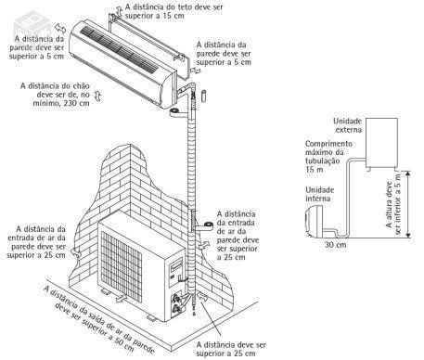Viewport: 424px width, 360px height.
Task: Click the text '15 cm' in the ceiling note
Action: pyautogui.click(x=173, y=16)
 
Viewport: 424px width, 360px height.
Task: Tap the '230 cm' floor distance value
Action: pyautogui.click(x=76, y=103)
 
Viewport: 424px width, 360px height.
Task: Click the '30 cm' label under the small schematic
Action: pyautogui.click(x=336, y=245)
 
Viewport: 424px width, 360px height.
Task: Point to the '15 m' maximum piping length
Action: pyautogui.click(x=315, y=170)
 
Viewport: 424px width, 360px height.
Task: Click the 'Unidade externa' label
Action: pyautogui.click(x=348, y=125)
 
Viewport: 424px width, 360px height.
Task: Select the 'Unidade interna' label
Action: pyautogui.click(x=320, y=194)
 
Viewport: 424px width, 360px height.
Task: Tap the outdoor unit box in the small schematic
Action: pyautogui.click(x=381, y=142)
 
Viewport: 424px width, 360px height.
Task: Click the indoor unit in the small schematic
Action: pyautogui.click(x=314, y=222)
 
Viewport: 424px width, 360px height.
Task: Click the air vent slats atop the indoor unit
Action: pyautogui.click(x=120, y=49)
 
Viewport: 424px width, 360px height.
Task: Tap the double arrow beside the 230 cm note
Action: pyautogui.click(x=98, y=96)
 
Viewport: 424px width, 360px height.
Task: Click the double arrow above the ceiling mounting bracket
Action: pyautogui.click(x=118, y=9)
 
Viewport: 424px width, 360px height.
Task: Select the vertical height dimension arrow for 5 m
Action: pyautogui.click(x=409, y=204)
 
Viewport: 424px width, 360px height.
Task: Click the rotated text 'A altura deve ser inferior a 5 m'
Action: pyautogui.click(x=393, y=204)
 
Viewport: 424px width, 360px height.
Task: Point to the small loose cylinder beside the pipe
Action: pyautogui.click(x=204, y=96)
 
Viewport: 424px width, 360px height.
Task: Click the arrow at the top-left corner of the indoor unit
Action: pyautogui.click(x=60, y=28)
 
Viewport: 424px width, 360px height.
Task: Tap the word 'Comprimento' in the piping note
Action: pyautogui.click(x=328, y=144)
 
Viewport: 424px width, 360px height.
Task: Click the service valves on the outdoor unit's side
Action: pyautogui.click(x=177, y=303)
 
